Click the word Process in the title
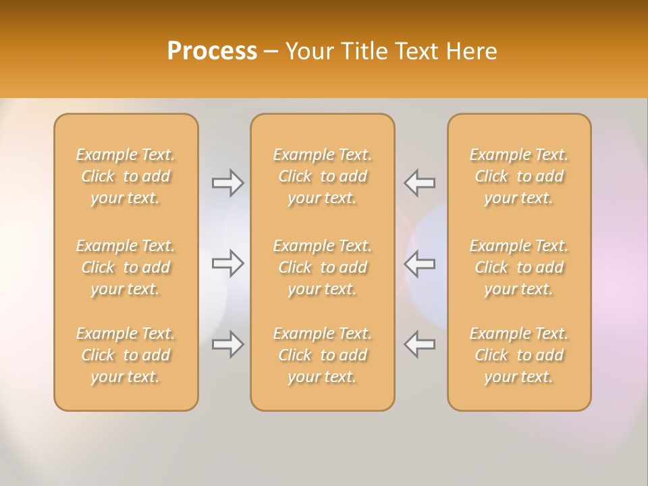212,51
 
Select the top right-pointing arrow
228,183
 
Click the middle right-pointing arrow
228,263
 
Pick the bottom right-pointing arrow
228,344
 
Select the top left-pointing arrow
420,183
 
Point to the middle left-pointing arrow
420,263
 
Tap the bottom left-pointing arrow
420,344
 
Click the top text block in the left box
126,176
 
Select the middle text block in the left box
126,267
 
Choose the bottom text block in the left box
126,355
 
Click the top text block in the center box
323,176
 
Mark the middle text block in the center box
323,267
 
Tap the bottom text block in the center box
323,355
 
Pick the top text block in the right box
519,176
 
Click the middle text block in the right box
519,267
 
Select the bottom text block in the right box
519,355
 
